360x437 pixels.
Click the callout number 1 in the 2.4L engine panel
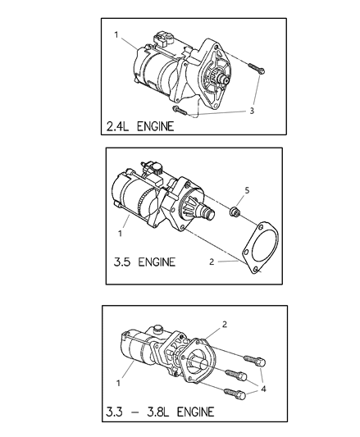pos(116,35)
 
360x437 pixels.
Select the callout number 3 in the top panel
pos(253,110)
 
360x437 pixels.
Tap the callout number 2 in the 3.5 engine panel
pos(212,264)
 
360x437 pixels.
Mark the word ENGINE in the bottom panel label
pos(190,410)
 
